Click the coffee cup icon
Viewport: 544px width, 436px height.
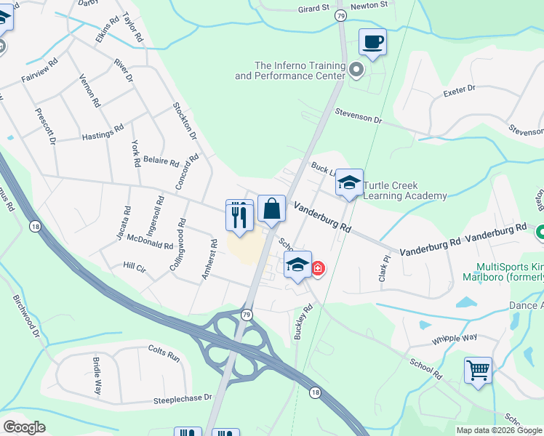tap(372, 41)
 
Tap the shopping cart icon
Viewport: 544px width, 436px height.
tap(478, 370)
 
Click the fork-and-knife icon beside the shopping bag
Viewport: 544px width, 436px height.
tap(239, 213)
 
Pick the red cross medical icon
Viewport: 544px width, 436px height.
tap(318, 269)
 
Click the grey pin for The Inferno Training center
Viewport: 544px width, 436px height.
tap(356, 70)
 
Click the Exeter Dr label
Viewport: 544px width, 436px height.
tap(460, 88)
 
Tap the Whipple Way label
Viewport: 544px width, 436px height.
tap(454, 338)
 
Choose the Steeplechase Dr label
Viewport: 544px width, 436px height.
tap(182, 398)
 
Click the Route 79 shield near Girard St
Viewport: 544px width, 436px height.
tap(341, 15)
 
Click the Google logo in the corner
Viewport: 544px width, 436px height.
tap(25, 427)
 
